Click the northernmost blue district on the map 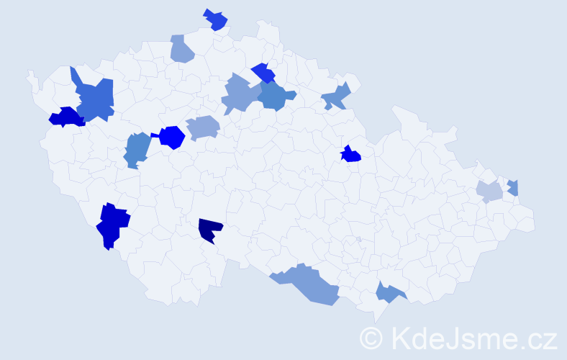pyautogui.click(x=215, y=19)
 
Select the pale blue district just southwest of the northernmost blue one pyautogui.click(x=182, y=49)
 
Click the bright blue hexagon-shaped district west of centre pyautogui.click(x=172, y=137)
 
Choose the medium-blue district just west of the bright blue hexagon pyautogui.click(x=137, y=148)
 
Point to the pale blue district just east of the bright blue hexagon pyautogui.click(x=203, y=128)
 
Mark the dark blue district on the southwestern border pyautogui.click(x=112, y=225)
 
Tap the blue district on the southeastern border pyautogui.click(x=389, y=292)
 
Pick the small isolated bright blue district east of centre pyautogui.click(x=350, y=154)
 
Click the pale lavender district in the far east pyautogui.click(x=490, y=192)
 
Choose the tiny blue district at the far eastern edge pyautogui.click(x=513, y=187)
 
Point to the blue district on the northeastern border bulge pyautogui.click(x=336, y=96)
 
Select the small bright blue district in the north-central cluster pyautogui.click(x=263, y=73)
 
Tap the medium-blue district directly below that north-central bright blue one pyautogui.click(x=275, y=96)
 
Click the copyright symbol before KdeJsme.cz pyautogui.click(x=372, y=338)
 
